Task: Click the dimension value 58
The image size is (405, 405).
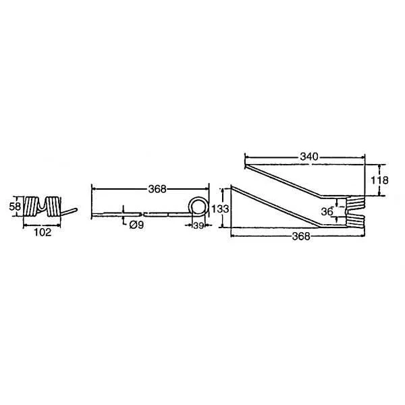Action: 15,207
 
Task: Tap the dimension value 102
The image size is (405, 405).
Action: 43,232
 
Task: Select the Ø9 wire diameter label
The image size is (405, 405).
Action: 136,225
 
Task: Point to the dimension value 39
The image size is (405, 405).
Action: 198,225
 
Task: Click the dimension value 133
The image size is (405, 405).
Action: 220,209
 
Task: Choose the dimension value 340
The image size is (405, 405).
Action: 309,157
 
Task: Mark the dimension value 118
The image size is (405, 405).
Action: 379,180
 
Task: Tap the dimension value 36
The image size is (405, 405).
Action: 327,212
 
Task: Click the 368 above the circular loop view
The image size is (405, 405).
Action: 157,189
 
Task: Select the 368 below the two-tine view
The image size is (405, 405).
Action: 301,236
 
